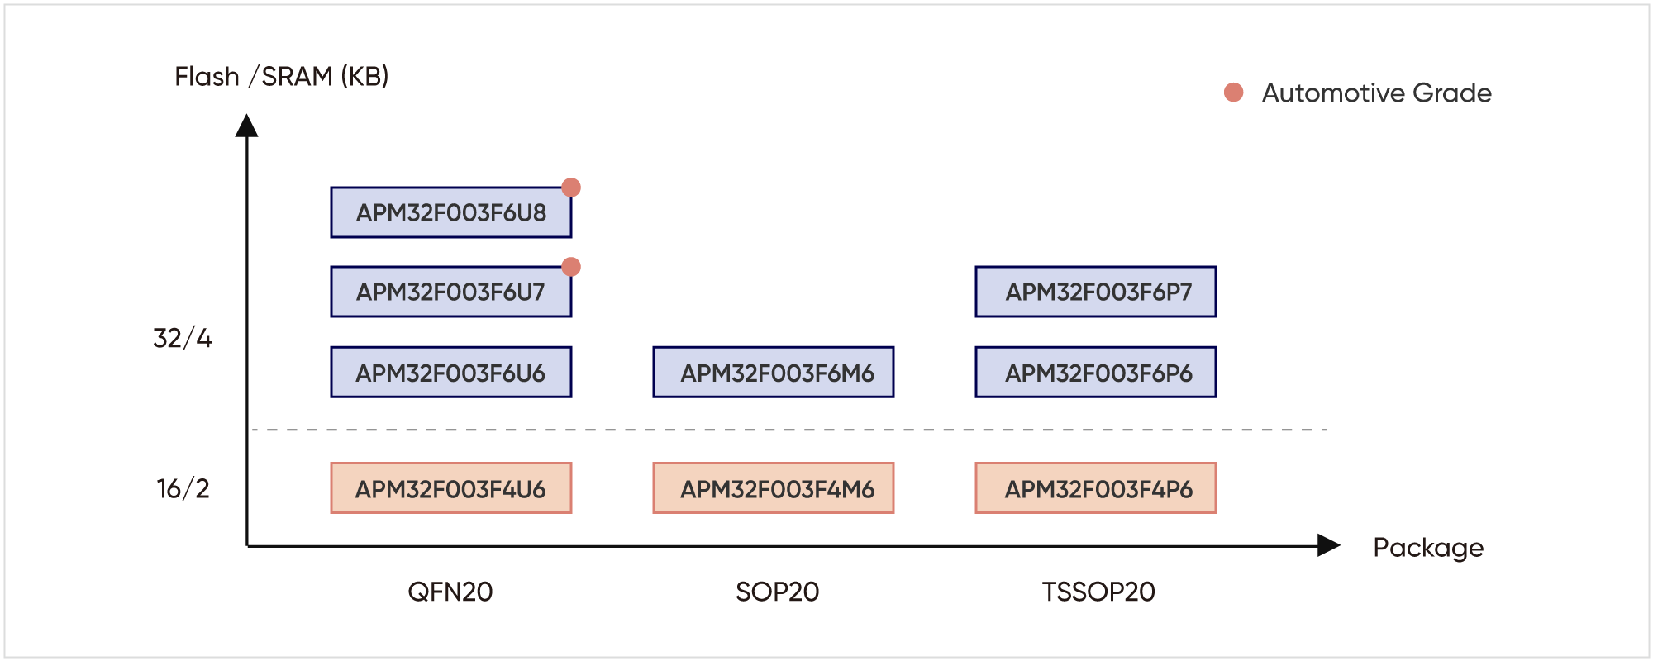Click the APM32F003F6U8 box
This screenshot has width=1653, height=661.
(451, 212)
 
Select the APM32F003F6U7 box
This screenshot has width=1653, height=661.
(451, 292)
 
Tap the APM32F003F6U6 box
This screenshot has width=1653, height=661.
(451, 372)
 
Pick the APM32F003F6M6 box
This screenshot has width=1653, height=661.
(774, 372)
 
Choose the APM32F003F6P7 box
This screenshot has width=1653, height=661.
(1096, 292)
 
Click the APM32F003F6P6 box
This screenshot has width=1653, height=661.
(1096, 372)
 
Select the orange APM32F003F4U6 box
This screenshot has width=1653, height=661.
(451, 488)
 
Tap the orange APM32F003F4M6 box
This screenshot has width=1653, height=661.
(774, 488)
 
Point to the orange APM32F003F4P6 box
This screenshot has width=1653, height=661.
(1096, 488)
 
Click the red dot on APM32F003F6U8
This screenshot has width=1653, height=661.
(571, 188)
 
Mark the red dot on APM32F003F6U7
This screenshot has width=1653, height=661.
(571, 267)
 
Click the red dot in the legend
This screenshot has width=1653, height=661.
(1234, 93)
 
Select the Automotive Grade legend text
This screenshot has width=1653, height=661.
(1377, 93)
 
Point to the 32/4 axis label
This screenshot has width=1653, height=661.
(183, 338)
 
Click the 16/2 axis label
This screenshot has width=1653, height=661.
(183, 488)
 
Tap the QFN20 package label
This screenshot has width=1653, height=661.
(450, 592)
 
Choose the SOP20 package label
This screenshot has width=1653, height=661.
(778, 592)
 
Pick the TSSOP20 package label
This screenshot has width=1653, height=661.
(1098, 592)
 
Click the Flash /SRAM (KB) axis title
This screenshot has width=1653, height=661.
(282, 77)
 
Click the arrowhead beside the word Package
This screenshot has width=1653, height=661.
(1329, 545)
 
